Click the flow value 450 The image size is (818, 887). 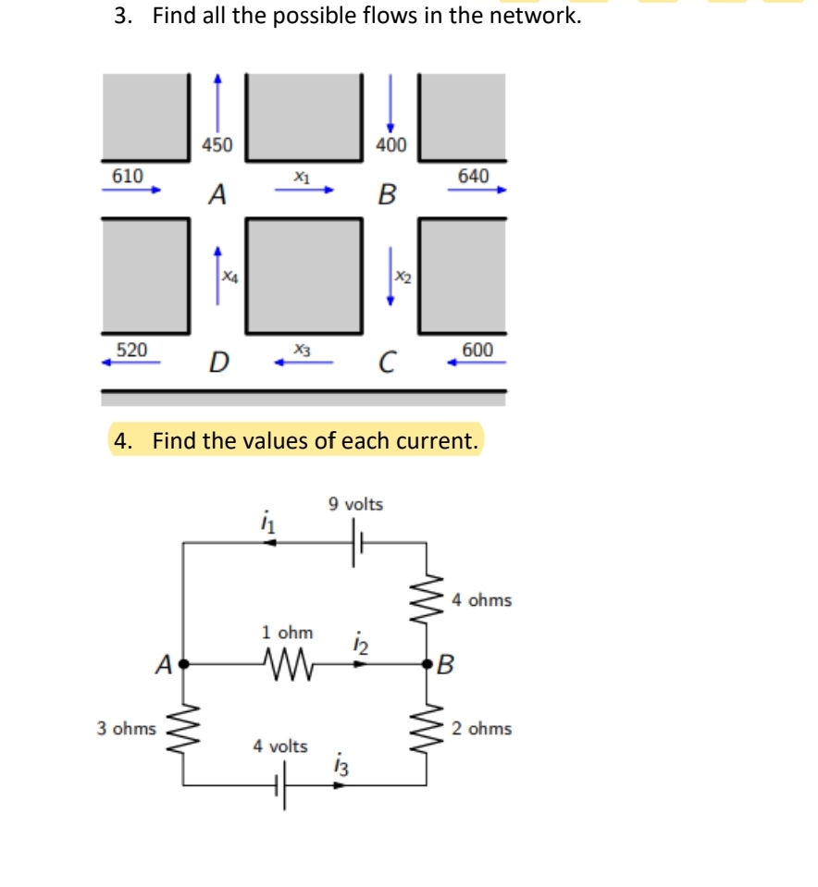(x=218, y=144)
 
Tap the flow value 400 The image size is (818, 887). (x=390, y=144)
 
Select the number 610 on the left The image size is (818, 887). (x=127, y=175)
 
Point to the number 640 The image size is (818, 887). (x=473, y=175)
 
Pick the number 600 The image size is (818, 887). (x=477, y=349)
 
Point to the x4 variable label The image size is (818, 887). (x=228, y=275)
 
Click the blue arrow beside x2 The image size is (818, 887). (x=390, y=275)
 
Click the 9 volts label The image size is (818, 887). (x=355, y=504)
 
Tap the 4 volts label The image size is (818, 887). (x=280, y=745)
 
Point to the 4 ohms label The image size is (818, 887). (x=481, y=600)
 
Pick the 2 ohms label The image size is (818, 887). (x=481, y=729)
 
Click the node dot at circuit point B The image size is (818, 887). (x=427, y=663)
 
